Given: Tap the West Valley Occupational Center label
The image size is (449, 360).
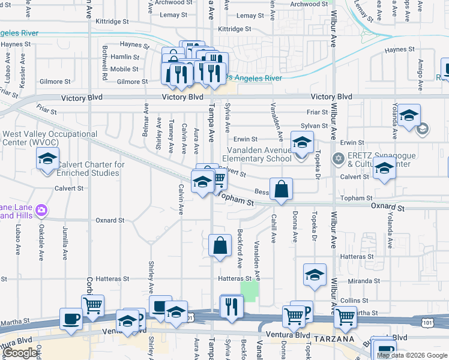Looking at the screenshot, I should (x=50, y=139).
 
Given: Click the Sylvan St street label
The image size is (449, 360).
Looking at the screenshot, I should (x=315, y=126).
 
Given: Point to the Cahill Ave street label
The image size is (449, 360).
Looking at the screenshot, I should (x=273, y=229).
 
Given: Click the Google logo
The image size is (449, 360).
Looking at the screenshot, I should (x=22, y=353).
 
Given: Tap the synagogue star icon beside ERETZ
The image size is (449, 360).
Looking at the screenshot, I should (x=338, y=158).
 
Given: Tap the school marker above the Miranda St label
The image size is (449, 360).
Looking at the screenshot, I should (x=315, y=275).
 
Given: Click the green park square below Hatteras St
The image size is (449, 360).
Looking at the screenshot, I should (x=249, y=292).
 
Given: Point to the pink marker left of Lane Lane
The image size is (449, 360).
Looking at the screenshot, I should (x=41, y=211).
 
